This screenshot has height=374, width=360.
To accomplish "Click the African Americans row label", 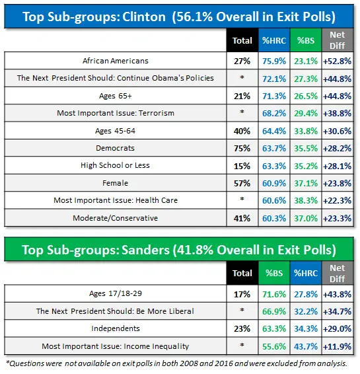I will click(x=116, y=60).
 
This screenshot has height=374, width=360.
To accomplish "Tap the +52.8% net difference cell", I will click(x=336, y=60).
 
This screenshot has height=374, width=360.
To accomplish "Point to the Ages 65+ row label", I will click(x=116, y=95).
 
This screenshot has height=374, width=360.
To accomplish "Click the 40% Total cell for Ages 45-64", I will click(x=242, y=130).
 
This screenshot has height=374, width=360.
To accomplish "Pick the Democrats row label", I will click(x=116, y=148).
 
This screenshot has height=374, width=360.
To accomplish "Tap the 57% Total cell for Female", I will click(x=242, y=183).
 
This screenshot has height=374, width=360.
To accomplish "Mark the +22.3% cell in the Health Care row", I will click(x=336, y=200).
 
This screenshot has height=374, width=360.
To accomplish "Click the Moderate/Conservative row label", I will click(x=116, y=217).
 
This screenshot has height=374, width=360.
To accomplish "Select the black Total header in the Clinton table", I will click(x=242, y=40).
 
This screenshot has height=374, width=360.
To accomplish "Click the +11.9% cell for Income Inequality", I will click(x=336, y=345).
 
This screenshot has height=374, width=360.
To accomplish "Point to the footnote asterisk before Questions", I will click(x=7, y=363).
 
